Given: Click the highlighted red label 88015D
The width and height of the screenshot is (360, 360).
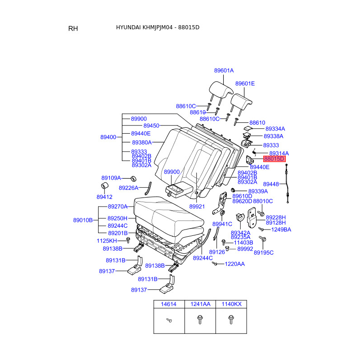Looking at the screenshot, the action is click(x=274, y=159).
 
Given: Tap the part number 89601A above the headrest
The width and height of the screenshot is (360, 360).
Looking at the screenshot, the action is click(x=224, y=71).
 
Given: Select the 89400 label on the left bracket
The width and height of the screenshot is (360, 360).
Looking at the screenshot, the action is click(x=108, y=137).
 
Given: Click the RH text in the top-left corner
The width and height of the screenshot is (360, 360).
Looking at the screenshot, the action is click(x=73, y=28).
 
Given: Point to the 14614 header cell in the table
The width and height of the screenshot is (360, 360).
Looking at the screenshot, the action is click(x=168, y=304).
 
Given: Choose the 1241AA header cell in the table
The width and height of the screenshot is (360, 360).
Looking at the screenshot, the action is click(x=200, y=304).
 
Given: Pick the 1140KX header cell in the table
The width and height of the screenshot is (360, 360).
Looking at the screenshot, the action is click(x=231, y=304).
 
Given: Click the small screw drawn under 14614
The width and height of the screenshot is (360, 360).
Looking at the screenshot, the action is click(x=169, y=320).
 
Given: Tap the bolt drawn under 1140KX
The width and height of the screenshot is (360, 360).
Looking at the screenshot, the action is click(x=231, y=319).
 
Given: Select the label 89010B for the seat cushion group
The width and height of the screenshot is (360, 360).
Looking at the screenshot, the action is click(x=83, y=220).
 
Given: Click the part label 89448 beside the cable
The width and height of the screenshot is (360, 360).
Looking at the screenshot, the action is click(x=271, y=184).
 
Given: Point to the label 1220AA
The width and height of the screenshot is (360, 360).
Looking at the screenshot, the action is click(x=234, y=264).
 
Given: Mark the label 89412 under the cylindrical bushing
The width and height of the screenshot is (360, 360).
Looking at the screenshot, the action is click(x=104, y=197).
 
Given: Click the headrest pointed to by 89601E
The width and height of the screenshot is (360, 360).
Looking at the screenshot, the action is click(x=241, y=101).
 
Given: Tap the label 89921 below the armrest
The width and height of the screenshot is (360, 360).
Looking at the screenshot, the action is click(x=197, y=207).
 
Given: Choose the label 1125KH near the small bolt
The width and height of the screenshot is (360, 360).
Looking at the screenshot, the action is click(x=107, y=241).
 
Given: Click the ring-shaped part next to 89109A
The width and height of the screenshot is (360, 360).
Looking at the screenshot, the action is click(x=133, y=179).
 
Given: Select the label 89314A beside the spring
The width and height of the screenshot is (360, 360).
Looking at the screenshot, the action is click(x=279, y=153).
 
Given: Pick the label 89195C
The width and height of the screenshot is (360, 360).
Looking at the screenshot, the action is click(x=264, y=253).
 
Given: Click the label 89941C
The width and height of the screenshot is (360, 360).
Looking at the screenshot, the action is click(x=222, y=224).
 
